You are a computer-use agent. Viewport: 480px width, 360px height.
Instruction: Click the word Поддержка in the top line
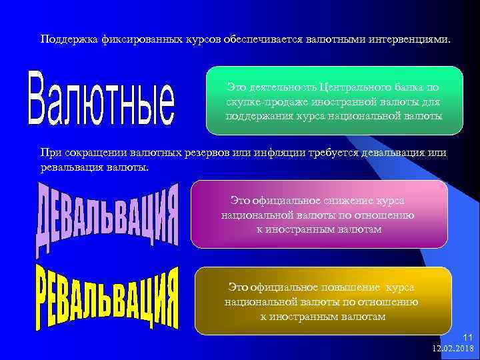(69, 40)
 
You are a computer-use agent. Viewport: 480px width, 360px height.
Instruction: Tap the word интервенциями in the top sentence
(410, 40)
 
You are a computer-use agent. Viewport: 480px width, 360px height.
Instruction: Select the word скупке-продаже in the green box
(263, 102)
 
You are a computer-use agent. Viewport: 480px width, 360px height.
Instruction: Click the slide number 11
(467, 338)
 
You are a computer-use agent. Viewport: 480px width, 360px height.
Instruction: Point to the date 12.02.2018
(453, 348)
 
